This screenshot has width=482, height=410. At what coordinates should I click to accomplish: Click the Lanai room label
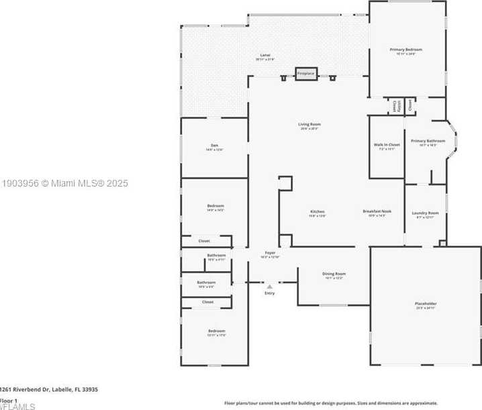[265, 56]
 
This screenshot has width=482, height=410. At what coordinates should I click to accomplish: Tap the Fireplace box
[306, 73]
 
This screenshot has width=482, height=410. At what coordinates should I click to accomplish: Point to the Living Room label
[309, 125]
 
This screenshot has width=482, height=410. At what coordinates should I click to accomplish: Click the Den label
[214, 147]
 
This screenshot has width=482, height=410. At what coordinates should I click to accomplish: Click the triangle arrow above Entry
[270, 287]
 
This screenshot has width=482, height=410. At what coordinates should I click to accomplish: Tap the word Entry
[270, 293]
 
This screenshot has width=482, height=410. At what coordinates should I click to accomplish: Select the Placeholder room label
[426, 306]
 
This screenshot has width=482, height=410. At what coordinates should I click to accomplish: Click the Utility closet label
[398, 106]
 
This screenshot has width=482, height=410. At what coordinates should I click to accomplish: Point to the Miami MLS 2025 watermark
[64, 183]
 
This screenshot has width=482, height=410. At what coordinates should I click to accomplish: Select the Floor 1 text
[8, 400]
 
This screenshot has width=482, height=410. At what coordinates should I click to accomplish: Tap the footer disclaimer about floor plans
[329, 403]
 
